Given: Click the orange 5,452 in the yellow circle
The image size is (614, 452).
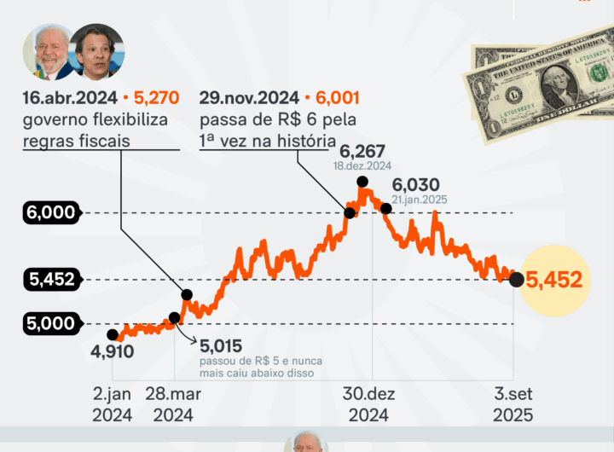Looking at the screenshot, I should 553,279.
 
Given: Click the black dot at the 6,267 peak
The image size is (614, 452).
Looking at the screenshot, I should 362,181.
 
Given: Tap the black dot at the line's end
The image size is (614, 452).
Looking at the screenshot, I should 516,280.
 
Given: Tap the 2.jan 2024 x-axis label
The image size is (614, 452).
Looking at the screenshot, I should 113,404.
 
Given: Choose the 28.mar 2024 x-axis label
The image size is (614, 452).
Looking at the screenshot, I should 174,404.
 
